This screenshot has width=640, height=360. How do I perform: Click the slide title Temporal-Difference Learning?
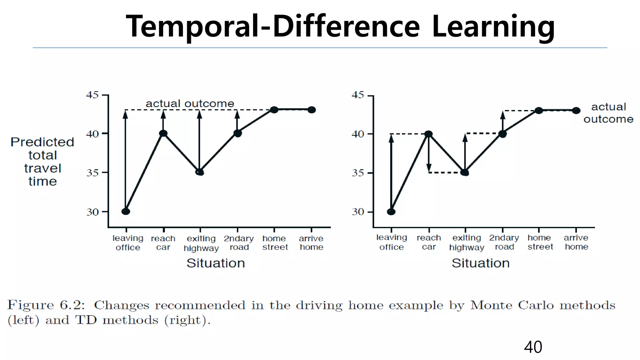[340, 26]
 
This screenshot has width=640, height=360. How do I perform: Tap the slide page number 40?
[533, 347]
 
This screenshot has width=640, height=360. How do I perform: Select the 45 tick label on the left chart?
[92, 95]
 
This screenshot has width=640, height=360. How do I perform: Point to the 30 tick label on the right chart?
[358, 212]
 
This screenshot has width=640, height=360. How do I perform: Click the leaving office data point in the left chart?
[126, 212]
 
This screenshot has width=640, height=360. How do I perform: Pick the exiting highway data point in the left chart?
[200, 172]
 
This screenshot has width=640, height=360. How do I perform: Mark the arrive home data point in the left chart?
[312, 110]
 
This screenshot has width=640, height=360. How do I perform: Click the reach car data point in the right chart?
[428, 134]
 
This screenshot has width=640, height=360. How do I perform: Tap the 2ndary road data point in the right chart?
[502, 134]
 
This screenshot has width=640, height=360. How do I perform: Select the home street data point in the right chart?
[539, 110]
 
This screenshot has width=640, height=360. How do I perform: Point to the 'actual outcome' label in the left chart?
[190, 103]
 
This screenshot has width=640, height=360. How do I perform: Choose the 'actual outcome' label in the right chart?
[608, 113]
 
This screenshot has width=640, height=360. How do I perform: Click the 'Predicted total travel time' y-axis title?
[42, 162]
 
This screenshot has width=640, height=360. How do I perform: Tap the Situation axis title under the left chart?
[216, 263]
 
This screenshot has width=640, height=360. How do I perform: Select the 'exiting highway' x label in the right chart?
[467, 242]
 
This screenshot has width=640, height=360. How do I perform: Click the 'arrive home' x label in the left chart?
[311, 242]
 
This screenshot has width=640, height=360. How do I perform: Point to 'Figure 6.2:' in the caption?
[46, 305]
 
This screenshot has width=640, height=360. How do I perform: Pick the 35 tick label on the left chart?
[92, 173]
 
